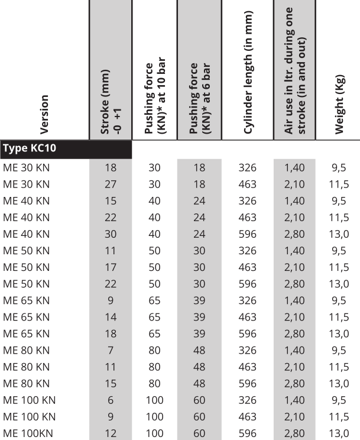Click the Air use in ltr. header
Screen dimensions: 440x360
pos(294,71)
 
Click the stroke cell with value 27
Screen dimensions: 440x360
pos(111,184)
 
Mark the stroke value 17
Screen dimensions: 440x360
pos(111,267)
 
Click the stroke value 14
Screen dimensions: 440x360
pos(111,318)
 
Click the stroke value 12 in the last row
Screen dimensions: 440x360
pos(111,434)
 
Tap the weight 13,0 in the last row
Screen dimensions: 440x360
pos(339,434)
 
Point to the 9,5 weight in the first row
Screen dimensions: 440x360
pos(339,167)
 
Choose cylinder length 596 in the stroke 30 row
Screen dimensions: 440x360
pos(247,234)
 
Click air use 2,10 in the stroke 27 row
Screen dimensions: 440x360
pos(294,184)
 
